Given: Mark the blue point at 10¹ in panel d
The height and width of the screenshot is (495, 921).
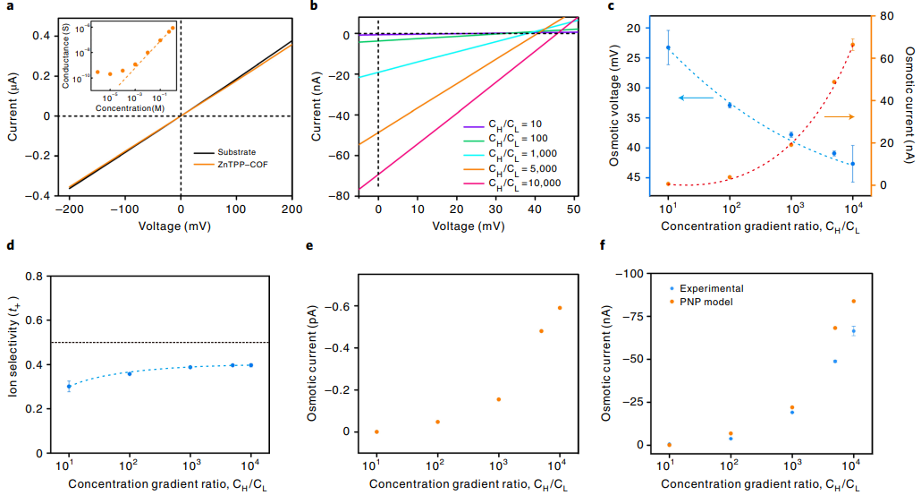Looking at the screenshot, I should click(x=69, y=387).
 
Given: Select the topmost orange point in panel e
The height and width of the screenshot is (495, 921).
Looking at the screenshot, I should click(x=560, y=308).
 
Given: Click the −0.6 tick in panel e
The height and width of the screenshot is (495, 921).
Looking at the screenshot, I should click(x=337, y=307).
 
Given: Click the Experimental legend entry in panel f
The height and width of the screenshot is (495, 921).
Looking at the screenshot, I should click(x=711, y=288).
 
